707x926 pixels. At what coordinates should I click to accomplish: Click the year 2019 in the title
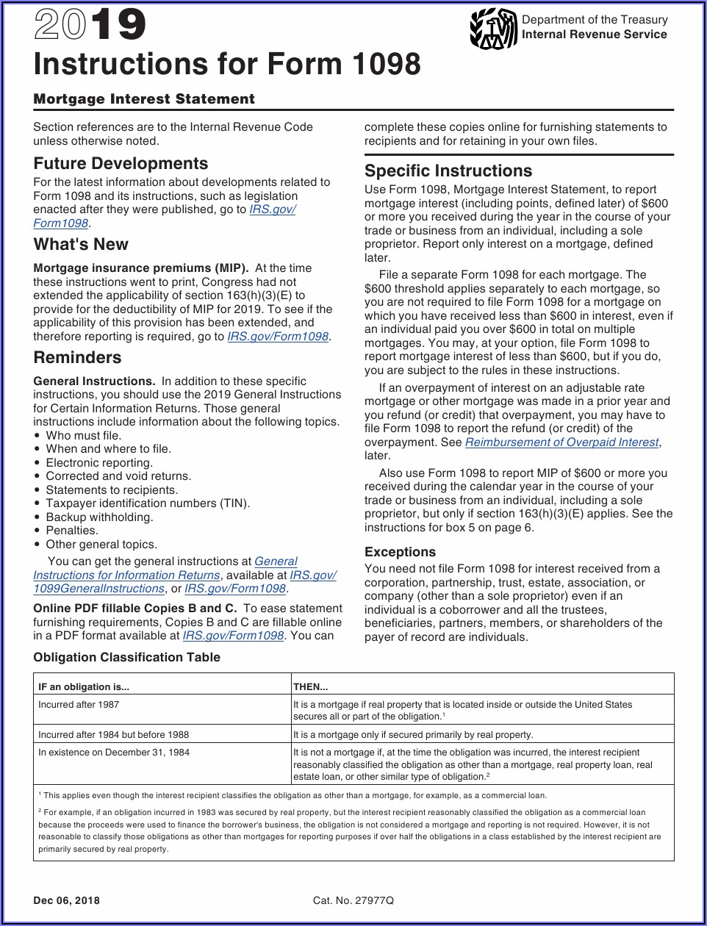[90, 26]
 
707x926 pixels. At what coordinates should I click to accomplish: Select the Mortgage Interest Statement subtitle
[144, 99]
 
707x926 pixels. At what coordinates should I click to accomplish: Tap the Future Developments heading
[121, 163]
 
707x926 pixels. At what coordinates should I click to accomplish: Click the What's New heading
[81, 244]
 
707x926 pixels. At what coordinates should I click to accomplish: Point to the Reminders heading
[77, 358]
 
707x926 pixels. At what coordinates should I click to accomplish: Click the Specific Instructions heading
[448, 171]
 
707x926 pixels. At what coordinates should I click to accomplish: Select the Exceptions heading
[400, 552]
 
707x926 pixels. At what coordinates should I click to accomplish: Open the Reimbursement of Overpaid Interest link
[561, 442]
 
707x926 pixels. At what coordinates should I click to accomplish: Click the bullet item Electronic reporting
[99, 463]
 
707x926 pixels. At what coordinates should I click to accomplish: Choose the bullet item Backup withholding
[99, 517]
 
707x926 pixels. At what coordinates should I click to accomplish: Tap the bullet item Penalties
[71, 531]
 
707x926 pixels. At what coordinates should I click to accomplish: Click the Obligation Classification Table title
[126, 657]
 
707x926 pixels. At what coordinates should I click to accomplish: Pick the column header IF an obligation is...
[84, 687]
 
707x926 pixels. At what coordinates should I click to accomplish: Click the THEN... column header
[311, 687]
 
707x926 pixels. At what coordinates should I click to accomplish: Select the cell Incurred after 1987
[79, 705]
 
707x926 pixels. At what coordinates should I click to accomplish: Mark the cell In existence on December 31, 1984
[114, 753]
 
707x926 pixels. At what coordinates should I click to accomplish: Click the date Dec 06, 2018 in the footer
[66, 900]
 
